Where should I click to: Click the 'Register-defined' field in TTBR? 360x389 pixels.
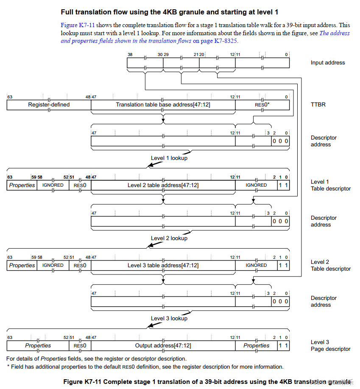tap(49, 105)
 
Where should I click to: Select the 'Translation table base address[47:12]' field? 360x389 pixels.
tap(163, 105)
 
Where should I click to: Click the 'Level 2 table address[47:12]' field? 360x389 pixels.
tap(163, 185)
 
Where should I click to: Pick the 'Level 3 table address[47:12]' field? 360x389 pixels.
tap(163, 266)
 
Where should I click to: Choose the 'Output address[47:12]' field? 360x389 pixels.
tap(163, 346)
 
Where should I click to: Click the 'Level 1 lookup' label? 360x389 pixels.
tap(169, 158)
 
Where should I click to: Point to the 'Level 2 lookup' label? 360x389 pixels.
tap(169, 238)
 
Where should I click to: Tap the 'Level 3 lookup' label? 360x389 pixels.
tap(169, 319)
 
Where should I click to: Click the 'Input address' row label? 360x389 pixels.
tap(327, 63)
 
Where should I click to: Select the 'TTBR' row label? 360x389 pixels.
tap(318, 105)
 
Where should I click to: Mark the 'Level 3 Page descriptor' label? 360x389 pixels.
tap(330, 346)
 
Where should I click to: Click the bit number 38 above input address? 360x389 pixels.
tap(130, 55)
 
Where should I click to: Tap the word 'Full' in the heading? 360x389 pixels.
tap(68, 12)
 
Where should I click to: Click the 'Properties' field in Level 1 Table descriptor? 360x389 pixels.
tap(22, 185)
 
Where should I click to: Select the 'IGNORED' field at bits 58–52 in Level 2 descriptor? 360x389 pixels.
tap(53, 266)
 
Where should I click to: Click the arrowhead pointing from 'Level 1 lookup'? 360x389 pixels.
tap(148, 166)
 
